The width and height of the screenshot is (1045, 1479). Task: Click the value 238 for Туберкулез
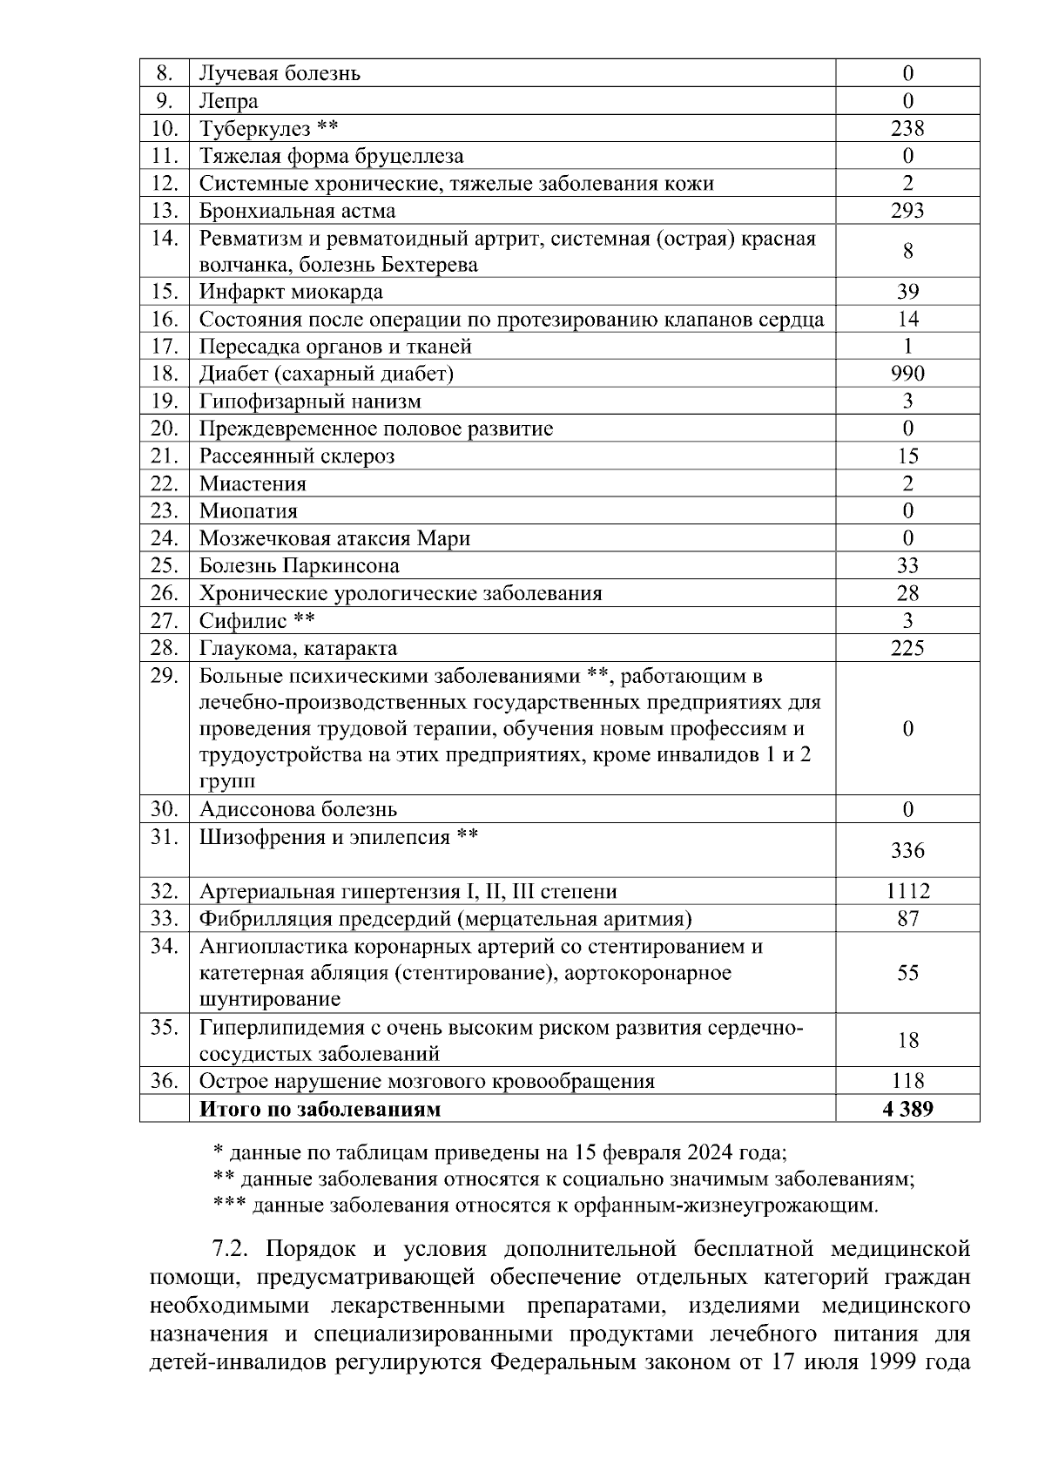coord(907,129)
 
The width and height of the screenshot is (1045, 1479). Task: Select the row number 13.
coord(164,211)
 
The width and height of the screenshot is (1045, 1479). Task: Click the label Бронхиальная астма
coord(297,211)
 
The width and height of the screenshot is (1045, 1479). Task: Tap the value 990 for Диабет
coord(907,374)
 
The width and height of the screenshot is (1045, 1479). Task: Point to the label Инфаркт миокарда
coord(291,292)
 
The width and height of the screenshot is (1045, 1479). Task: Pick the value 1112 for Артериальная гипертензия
coord(907,891)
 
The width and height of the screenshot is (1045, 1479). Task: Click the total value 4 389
coord(907,1109)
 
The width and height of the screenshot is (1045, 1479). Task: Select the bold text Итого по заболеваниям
coord(320,1109)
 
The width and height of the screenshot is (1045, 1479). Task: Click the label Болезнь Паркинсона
coord(300,565)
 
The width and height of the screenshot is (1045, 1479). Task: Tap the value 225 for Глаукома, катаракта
coord(907,648)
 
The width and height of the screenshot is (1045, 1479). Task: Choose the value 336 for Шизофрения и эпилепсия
coord(907,850)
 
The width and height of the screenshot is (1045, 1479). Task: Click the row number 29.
coord(164,675)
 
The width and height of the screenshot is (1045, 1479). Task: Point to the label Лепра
coord(228,101)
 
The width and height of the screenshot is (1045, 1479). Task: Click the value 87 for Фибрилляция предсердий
coord(907,918)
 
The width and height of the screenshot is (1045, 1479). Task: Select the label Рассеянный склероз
coord(297,456)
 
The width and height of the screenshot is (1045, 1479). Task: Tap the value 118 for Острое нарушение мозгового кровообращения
coord(907,1081)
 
